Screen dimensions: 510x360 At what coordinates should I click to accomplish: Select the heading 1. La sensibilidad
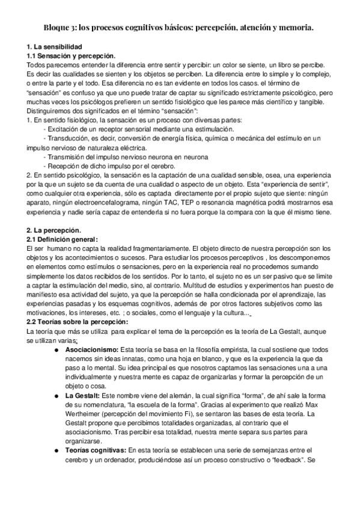point(55,47)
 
